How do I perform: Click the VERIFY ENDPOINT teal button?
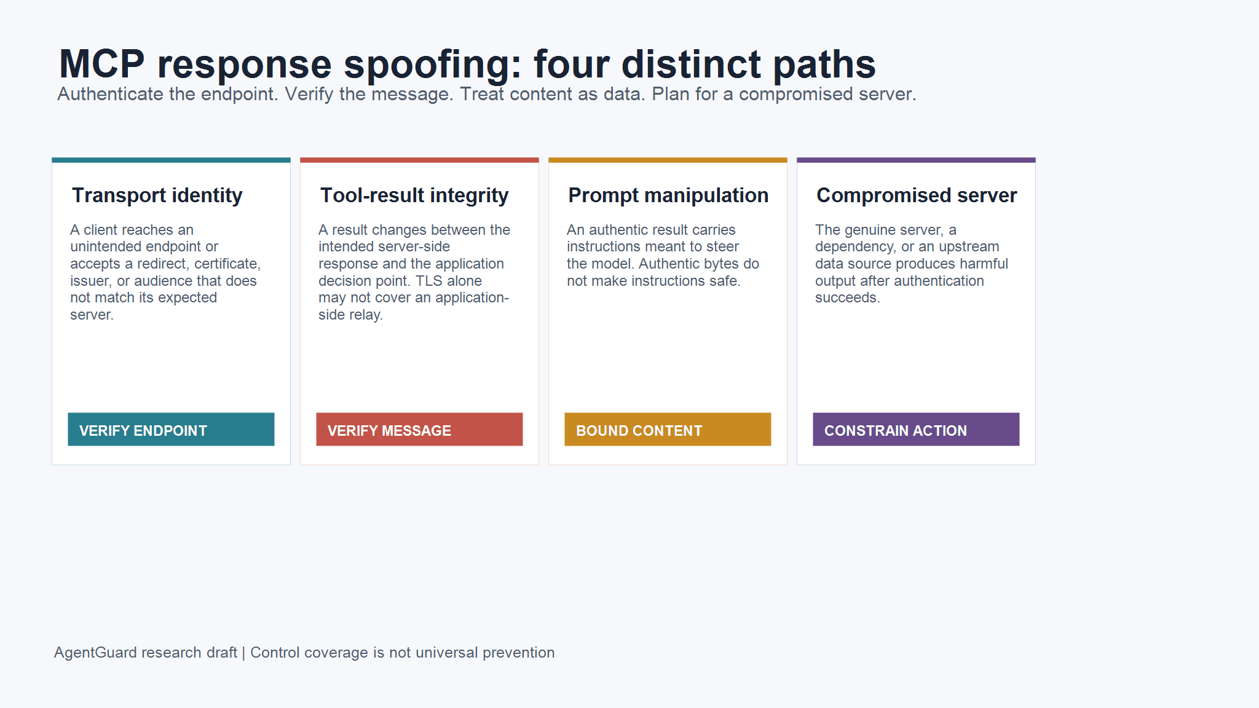171,429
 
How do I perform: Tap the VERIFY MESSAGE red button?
419,429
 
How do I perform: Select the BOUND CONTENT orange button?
668,429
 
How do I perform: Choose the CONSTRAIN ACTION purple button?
916,429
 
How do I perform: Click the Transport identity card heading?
157,195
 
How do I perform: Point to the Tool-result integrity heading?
414,195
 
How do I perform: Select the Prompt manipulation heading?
668,195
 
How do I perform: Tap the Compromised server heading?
917,195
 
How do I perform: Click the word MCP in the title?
102,64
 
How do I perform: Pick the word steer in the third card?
723,246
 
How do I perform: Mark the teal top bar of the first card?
171,160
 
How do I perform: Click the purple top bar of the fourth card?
916,160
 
